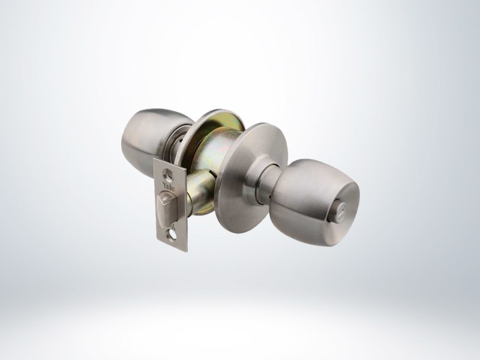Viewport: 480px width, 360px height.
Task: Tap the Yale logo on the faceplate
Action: click(x=169, y=186)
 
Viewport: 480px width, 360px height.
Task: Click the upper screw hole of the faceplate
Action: click(x=168, y=173)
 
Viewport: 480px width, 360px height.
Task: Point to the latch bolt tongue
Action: click(x=166, y=209)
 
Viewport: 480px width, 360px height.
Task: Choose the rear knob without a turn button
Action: click(x=147, y=141)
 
